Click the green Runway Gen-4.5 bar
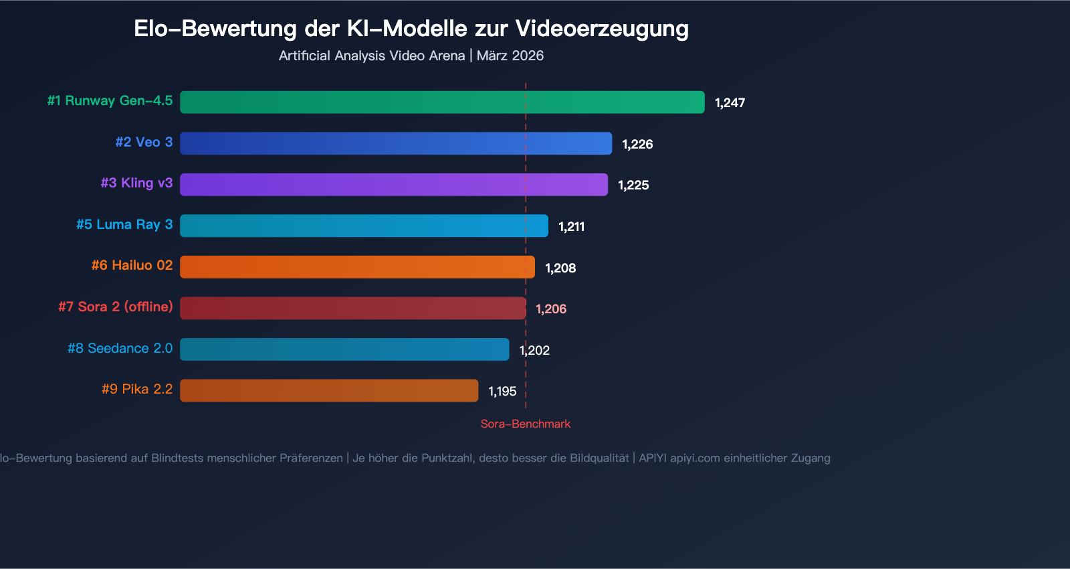(442, 102)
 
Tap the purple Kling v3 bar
(394, 185)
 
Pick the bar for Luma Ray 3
(364, 226)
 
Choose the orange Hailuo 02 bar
(357, 267)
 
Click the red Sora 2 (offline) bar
(352, 308)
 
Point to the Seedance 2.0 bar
(344, 349)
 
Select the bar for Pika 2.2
(329, 390)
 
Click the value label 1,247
(730, 103)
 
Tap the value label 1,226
(637, 145)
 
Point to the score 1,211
(571, 227)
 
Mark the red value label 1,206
(551, 309)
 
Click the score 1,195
(502, 392)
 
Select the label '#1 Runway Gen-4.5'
(110, 101)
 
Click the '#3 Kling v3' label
(136, 183)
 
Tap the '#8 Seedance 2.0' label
(120, 348)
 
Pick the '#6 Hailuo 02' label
(132, 265)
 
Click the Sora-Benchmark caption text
(526, 424)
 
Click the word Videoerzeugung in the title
(602, 29)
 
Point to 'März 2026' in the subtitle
(510, 56)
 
